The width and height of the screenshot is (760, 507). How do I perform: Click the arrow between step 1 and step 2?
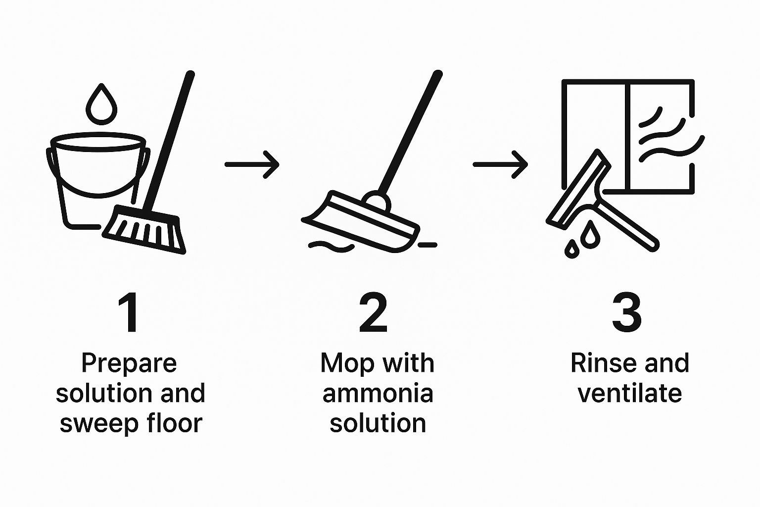252,165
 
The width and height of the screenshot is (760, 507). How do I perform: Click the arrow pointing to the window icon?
500,165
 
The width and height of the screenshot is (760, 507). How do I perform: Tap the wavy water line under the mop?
331,247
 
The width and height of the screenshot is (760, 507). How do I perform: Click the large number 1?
129,313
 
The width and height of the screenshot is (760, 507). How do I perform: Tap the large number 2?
373,313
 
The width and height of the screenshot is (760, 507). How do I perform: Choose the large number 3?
627,312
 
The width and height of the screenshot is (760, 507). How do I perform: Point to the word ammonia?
378,394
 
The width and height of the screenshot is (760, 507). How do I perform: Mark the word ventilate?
630,393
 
